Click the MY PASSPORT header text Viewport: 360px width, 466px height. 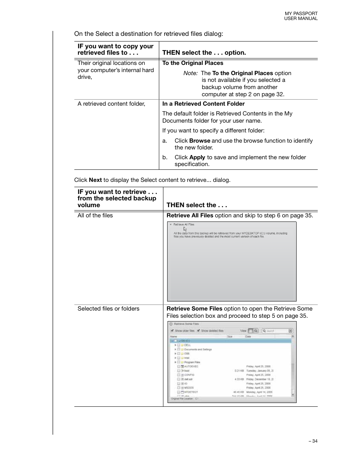tap(301, 13)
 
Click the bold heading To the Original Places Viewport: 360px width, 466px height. tap(192, 63)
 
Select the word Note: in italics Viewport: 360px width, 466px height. tap(190, 73)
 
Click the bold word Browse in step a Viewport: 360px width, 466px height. tap(200, 141)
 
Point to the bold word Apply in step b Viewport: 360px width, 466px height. tap(197, 157)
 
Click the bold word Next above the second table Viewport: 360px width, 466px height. tap(95, 180)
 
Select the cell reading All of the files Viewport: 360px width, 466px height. tap(95, 215)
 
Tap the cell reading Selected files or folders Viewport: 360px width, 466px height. tap(108, 309)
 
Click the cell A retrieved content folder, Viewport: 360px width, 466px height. tap(111, 104)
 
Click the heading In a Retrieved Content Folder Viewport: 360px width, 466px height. tap(203, 104)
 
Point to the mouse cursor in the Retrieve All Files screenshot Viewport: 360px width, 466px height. tap(185, 229)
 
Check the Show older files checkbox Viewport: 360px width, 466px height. tap(172, 331)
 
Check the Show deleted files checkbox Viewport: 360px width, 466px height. tap(198, 331)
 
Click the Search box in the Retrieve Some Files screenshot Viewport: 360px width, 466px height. tap(277, 331)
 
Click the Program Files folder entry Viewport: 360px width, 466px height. tap(192, 362)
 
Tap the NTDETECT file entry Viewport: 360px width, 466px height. tap(191, 392)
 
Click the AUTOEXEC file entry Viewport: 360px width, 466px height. tap(191, 366)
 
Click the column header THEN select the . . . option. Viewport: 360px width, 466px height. tap(204, 53)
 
